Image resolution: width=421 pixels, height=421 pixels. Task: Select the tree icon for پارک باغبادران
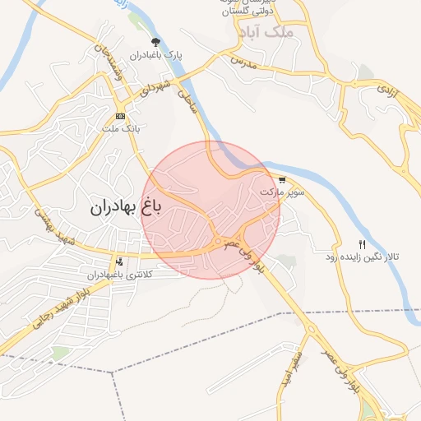point(154,42)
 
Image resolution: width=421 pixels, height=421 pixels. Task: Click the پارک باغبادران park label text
point(154,55)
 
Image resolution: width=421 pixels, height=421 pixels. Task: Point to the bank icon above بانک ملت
point(120,116)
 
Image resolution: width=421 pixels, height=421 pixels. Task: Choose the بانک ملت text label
point(120,129)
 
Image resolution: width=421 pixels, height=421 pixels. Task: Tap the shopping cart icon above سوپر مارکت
point(283,179)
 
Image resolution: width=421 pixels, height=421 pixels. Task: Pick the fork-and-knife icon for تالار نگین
point(363,244)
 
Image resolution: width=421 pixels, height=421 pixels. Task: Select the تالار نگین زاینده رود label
point(363,257)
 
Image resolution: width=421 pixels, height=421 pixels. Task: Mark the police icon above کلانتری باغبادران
point(120,261)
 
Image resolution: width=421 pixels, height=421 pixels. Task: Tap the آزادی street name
point(387,90)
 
